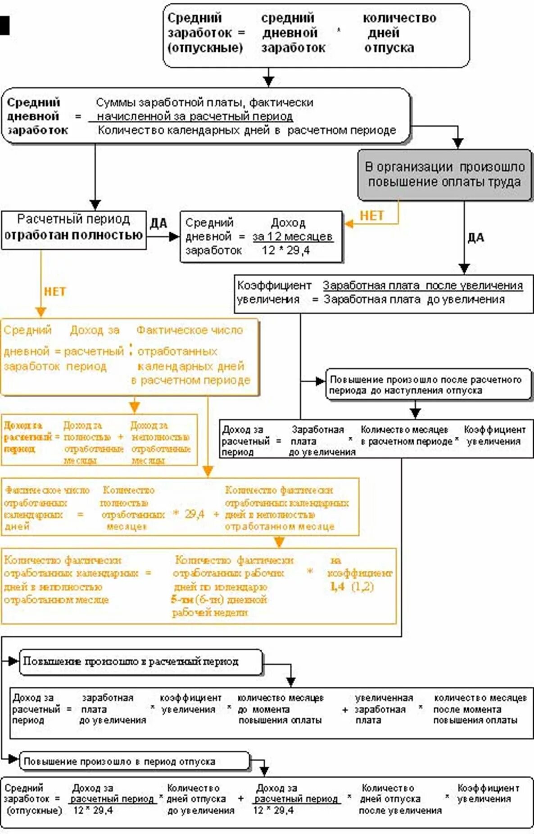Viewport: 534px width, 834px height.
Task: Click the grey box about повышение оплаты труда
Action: click(444, 175)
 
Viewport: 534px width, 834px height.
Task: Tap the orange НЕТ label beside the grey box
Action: click(371, 216)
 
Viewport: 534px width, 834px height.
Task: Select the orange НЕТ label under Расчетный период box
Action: click(54, 292)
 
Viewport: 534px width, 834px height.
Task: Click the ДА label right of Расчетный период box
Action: click(158, 223)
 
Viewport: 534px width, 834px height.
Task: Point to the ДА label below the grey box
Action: click(475, 237)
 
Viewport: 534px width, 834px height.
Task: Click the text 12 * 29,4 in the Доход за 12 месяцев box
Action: click(285, 250)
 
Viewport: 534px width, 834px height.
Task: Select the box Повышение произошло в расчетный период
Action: click(140, 662)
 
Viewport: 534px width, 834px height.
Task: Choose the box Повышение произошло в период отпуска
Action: click(134, 761)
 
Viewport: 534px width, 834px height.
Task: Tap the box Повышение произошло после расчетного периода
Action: click(427, 385)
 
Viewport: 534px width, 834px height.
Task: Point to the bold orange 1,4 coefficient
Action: click(337, 586)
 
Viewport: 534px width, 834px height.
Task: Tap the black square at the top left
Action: click(5, 25)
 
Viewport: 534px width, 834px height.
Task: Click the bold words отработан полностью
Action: click(73, 235)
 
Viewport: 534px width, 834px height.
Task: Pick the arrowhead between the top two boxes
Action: click(268, 81)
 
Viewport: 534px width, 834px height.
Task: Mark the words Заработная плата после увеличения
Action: click(422, 286)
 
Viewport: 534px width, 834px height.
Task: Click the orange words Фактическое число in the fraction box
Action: click(190, 330)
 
